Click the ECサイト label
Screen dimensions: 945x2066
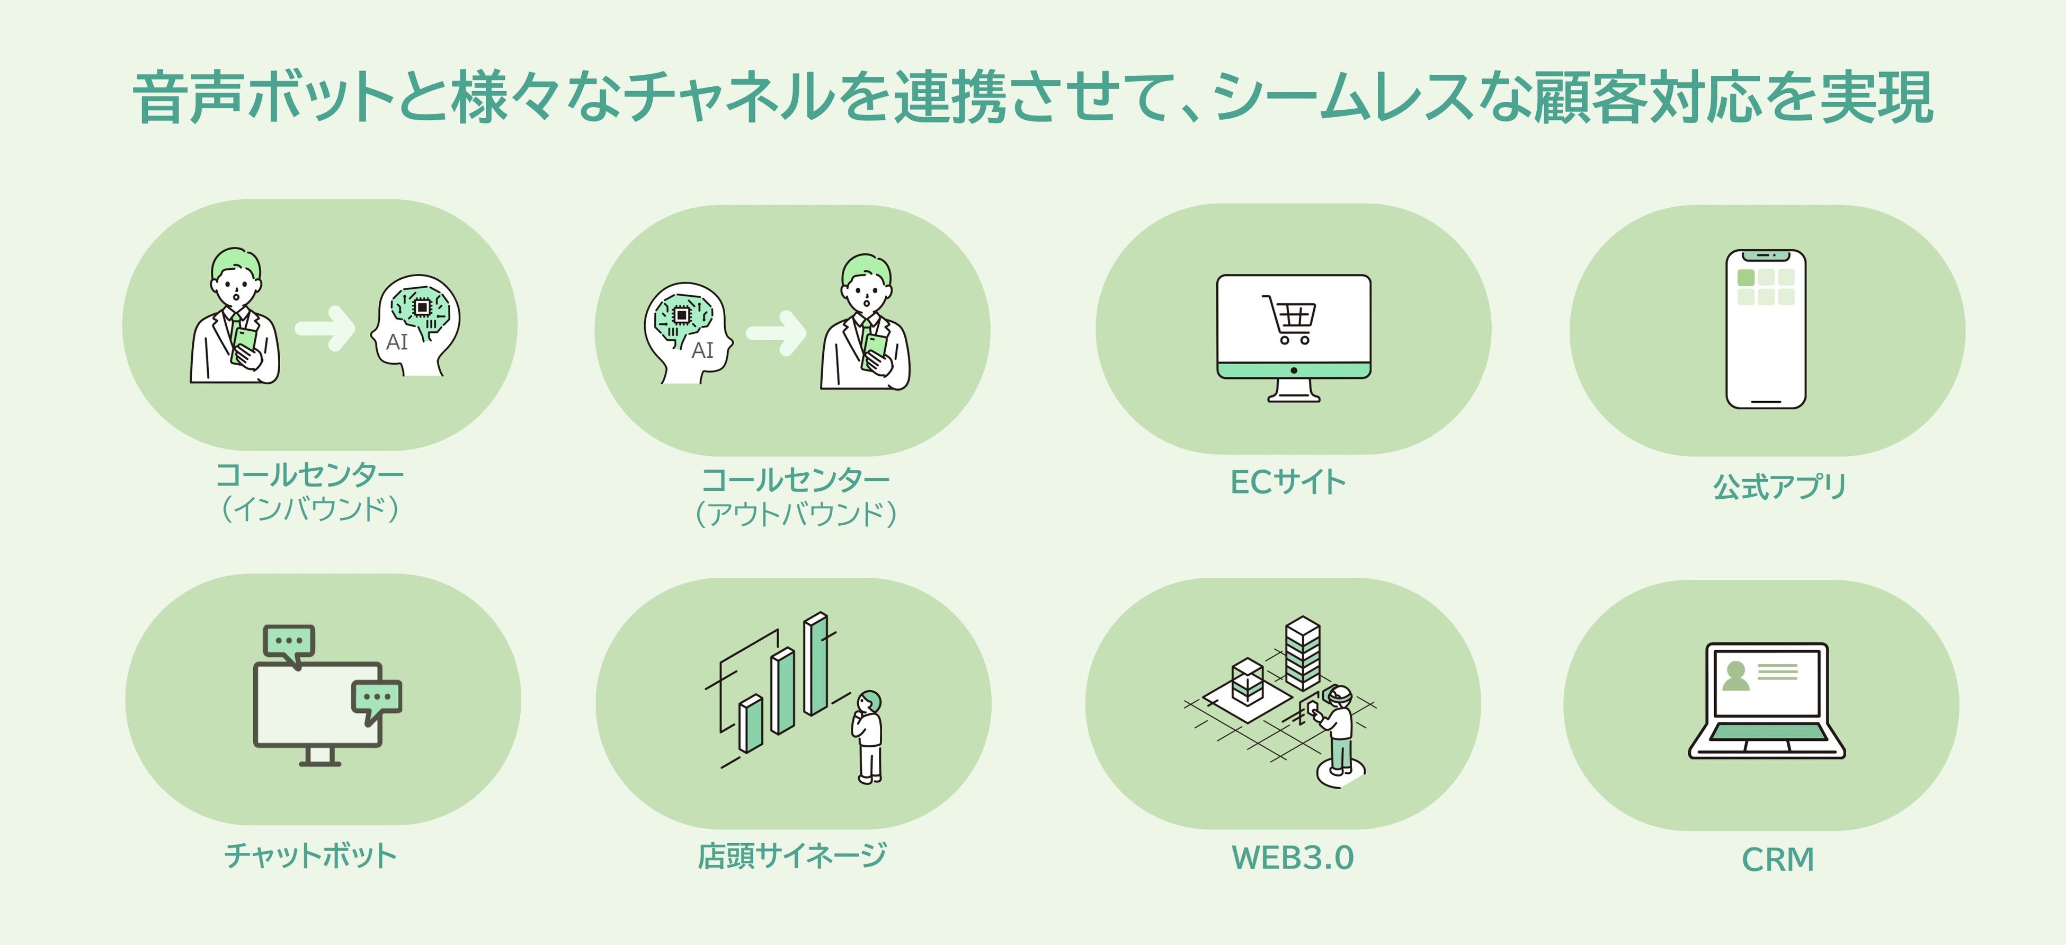1288,482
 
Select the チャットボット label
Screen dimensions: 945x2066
311,855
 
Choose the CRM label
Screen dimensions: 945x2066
1777,859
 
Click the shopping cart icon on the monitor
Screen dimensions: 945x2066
1289,319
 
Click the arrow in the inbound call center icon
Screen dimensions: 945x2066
325,328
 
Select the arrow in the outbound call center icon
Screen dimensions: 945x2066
776,332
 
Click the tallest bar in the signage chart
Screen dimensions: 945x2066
816,664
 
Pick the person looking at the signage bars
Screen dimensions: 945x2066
868,736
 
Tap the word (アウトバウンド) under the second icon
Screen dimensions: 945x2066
796,514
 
